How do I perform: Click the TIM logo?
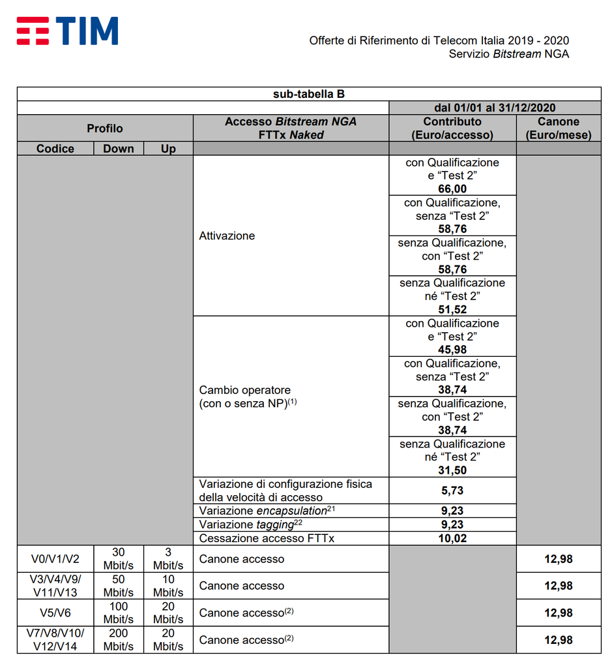[68, 31]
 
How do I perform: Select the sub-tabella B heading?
[308, 94]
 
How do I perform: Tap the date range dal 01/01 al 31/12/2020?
[495, 108]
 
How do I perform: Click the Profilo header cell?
[104, 129]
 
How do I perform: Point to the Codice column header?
[55, 149]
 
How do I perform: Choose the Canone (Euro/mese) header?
[559, 129]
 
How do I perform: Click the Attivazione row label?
[227, 235]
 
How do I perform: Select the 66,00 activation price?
[452, 189]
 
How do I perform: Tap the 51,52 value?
[452, 310]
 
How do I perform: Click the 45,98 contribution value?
[452, 350]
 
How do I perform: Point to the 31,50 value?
[452, 470]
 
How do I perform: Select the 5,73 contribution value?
[452, 491]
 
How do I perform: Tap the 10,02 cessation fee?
[452, 538]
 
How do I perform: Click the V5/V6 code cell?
[55, 613]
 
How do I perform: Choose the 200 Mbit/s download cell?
[119, 639]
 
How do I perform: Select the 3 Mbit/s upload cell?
[168, 559]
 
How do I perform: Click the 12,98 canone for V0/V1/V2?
[559, 559]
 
